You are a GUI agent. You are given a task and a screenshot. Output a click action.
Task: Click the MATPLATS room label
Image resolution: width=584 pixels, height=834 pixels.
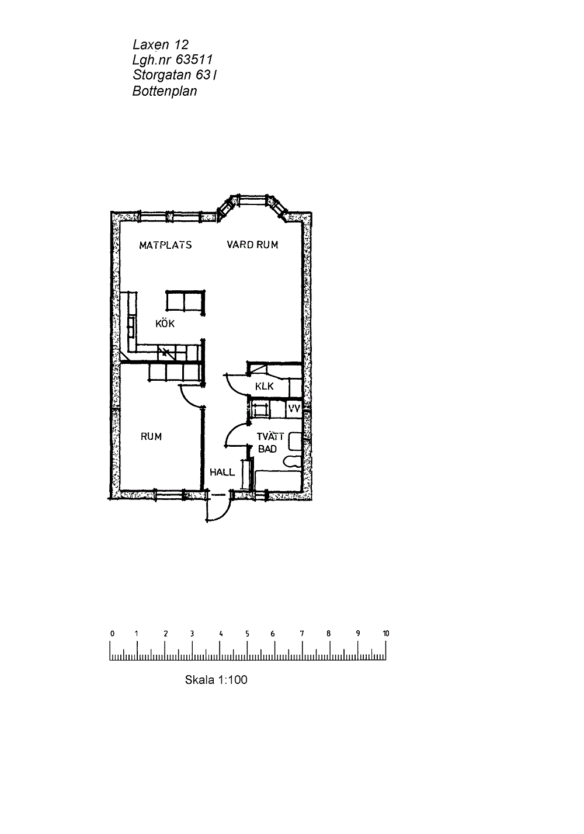pos(165,245)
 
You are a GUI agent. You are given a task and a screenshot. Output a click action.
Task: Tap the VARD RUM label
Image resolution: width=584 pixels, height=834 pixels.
pos(252,245)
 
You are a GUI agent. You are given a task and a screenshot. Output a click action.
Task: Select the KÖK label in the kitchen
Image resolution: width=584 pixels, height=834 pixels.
pos(165,323)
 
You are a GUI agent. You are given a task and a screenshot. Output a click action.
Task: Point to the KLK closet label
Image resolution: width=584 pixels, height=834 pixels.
pos(265,386)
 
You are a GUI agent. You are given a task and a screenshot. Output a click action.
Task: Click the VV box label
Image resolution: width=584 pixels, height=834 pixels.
pos(294,409)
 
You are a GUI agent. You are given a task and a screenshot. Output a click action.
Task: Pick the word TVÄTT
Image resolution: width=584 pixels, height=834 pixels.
pos(270,436)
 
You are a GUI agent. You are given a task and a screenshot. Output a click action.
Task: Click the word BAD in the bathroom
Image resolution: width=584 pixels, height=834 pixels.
pos(267,449)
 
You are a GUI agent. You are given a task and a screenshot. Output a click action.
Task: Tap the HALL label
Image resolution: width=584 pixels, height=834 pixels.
pos(222,472)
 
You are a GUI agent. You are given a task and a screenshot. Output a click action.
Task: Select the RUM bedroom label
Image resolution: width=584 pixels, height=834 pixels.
pos(151,436)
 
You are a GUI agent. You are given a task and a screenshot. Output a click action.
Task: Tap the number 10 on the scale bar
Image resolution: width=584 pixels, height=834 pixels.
pos(386,633)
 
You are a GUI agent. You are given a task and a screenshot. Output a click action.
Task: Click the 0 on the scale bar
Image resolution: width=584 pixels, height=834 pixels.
pos(112,633)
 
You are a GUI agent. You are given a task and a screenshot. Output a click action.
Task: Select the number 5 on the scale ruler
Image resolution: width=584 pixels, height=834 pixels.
pos(247,633)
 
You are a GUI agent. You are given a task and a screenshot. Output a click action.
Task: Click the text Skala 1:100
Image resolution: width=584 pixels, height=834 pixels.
pos(216,680)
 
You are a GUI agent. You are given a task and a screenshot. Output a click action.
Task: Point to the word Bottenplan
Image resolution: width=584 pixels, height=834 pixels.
pos(165,91)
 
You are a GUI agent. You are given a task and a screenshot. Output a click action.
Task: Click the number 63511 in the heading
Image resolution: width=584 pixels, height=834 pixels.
pos(194,60)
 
